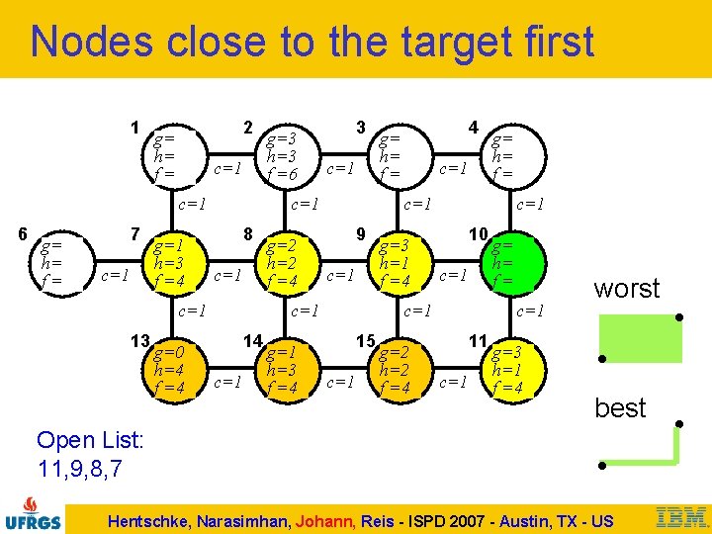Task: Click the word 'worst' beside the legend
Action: pos(626,289)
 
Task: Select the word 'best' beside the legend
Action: pos(620,407)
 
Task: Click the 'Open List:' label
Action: pos(90,440)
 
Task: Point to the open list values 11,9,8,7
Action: pos(78,468)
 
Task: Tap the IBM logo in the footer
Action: pos(682,516)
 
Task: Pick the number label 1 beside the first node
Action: pos(135,127)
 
